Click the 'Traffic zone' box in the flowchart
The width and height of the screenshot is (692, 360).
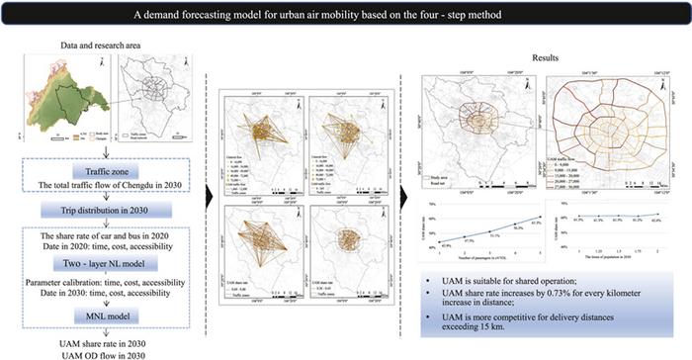click(95, 172)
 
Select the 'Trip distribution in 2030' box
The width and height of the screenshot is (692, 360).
click(95, 211)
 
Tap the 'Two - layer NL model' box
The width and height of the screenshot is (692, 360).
click(95, 267)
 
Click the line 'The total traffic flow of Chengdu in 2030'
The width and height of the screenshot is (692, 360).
click(95, 185)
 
